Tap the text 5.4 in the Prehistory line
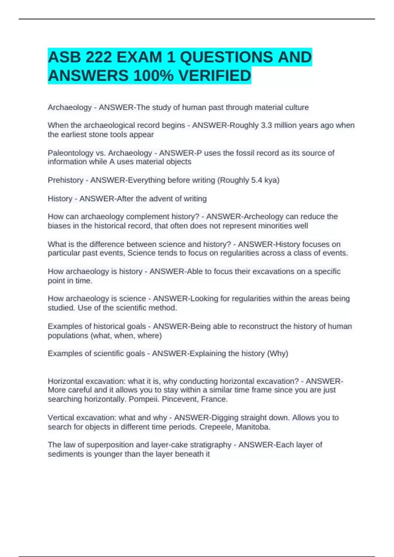pyautogui.click(x=257, y=180)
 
